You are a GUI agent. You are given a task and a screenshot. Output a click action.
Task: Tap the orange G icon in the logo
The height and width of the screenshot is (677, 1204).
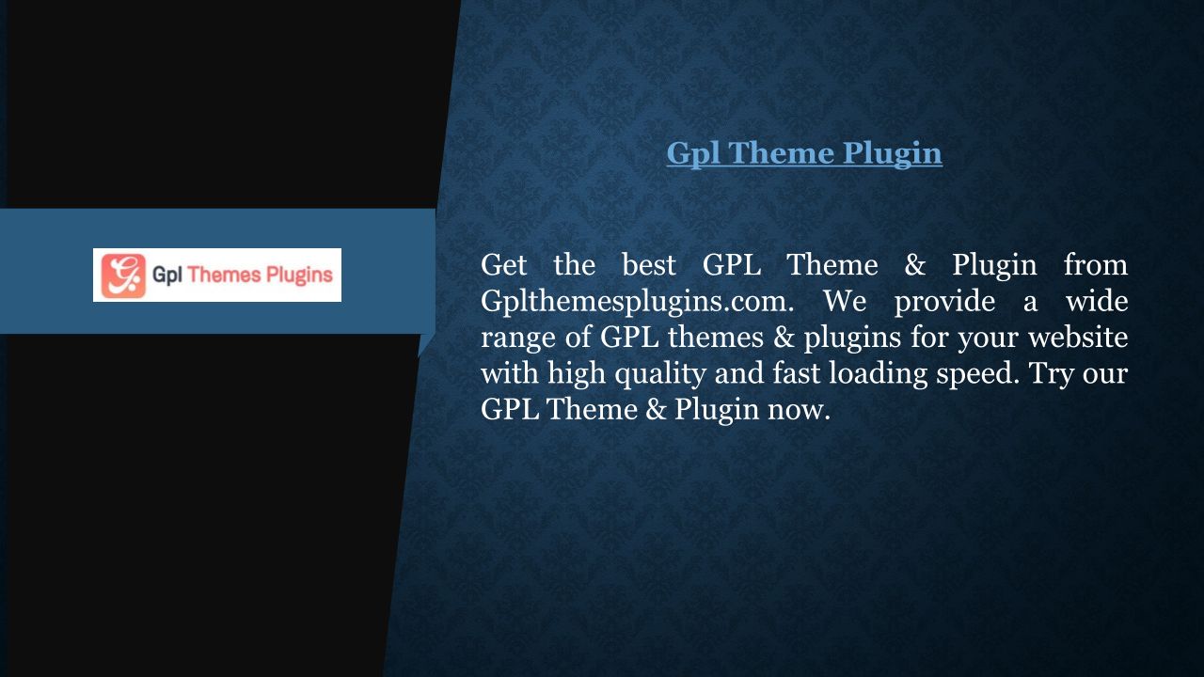[123, 276]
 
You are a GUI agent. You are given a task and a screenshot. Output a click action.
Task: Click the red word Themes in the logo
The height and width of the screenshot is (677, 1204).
[225, 275]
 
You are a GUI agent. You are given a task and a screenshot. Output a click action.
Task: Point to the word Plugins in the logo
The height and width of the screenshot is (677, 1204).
[300, 276]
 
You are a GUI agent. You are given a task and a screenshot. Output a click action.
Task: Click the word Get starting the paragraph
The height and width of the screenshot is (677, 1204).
[503, 265]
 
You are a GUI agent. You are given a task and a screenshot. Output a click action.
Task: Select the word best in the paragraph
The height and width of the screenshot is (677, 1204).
[649, 265]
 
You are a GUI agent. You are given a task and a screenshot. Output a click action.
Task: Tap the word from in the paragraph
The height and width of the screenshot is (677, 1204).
[1096, 264]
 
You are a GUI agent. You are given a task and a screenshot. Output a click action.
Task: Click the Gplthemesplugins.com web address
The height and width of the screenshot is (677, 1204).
[637, 302]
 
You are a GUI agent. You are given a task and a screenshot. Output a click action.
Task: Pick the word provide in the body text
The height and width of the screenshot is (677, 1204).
[944, 300]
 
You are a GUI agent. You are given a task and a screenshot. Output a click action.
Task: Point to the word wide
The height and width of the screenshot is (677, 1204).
[1097, 300]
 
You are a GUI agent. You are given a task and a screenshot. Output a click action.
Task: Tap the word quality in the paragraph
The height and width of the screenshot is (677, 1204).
[660, 374]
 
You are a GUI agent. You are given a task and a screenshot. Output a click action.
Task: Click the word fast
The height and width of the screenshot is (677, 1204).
[797, 373]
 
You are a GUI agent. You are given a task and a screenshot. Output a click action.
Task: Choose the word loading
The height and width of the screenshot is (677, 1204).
[879, 374]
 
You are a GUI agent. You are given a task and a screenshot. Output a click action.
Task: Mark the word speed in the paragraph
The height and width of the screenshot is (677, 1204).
[977, 374]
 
